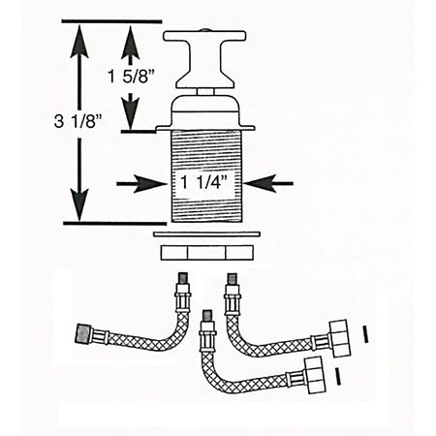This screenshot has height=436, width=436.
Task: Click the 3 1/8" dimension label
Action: click(78, 122)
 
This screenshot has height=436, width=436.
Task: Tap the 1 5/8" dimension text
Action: click(132, 78)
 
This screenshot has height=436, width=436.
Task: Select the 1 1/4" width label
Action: click(204, 183)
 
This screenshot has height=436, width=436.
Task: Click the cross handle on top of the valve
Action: click(204, 59)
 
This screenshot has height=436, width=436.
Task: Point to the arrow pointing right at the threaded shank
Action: click(141, 184)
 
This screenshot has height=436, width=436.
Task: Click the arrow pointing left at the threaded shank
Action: click(268, 183)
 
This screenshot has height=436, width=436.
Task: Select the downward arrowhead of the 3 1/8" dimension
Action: click(79, 205)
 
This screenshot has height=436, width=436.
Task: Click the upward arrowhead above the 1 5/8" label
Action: click(130, 43)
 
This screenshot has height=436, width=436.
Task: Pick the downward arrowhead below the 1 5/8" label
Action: click(130, 111)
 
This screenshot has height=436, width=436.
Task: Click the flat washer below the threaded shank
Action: click(207, 234)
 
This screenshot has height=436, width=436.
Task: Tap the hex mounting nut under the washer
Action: click(205, 253)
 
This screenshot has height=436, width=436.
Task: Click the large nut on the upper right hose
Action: click(339, 338)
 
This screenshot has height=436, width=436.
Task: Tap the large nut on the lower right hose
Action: click(315, 375)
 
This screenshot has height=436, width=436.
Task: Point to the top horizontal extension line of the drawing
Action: click(111, 21)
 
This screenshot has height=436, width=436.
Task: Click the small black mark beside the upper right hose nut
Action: click(365, 334)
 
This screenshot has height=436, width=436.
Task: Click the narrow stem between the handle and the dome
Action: click(205, 92)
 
